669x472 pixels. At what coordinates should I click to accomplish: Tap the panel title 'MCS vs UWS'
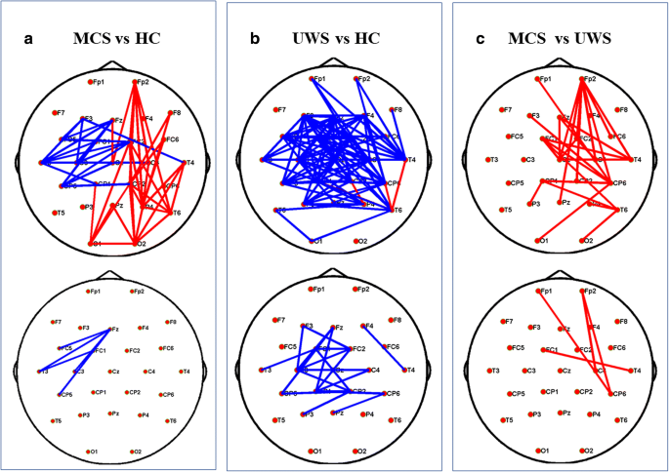coord(564,39)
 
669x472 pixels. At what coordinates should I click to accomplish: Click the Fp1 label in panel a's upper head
coord(99,82)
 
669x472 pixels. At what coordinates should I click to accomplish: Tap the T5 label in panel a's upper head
coord(61,213)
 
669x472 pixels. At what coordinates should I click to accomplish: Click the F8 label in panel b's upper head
coord(398,110)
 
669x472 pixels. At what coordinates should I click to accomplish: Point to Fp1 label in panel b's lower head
coord(320,290)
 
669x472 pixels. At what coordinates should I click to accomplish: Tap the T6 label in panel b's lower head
coord(397,420)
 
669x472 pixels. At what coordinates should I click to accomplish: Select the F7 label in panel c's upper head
coord(506,110)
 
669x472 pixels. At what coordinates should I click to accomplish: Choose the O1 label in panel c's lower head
coord(548,451)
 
